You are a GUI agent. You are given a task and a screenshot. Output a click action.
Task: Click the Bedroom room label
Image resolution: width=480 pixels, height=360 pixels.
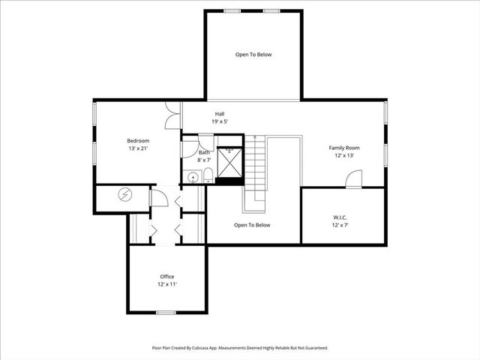click(x=138, y=141)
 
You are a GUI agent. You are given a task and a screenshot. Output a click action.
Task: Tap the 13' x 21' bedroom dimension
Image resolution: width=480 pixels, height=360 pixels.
click(x=138, y=148)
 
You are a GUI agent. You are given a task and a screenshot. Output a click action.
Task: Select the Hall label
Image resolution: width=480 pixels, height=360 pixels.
click(x=220, y=114)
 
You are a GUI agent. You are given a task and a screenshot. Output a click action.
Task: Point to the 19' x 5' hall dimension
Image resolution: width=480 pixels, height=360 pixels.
click(x=220, y=121)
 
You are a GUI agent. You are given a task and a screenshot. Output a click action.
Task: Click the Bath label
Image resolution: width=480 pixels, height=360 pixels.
click(x=204, y=152)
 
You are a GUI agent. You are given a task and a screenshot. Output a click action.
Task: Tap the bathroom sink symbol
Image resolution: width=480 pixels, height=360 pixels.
click(x=192, y=178)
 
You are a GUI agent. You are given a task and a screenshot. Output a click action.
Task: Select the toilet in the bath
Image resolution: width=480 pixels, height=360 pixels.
click(x=208, y=175)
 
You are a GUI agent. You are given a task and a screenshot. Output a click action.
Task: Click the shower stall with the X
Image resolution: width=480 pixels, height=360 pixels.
click(x=229, y=161)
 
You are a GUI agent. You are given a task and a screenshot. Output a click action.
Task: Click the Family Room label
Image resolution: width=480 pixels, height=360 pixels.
click(x=344, y=148)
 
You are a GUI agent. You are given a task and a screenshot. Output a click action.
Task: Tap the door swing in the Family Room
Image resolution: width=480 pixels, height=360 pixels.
click(x=354, y=179)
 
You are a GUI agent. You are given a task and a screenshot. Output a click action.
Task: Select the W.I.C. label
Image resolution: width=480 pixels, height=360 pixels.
click(x=340, y=217)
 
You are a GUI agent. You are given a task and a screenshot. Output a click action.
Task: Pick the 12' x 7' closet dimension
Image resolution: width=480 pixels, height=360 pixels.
click(x=340, y=225)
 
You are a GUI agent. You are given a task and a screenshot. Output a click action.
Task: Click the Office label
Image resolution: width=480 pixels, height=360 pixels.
click(x=167, y=277)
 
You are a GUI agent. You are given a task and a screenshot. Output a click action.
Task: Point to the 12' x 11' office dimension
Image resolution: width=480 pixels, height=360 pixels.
click(x=167, y=284)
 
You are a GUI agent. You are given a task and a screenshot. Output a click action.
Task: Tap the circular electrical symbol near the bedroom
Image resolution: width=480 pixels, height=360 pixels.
click(x=124, y=195)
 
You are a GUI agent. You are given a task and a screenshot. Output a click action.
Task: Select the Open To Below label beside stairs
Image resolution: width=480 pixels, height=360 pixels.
click(x=252, y=225)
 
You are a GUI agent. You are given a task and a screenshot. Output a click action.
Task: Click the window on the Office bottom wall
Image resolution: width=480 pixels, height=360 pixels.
click(x=166, y=312)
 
